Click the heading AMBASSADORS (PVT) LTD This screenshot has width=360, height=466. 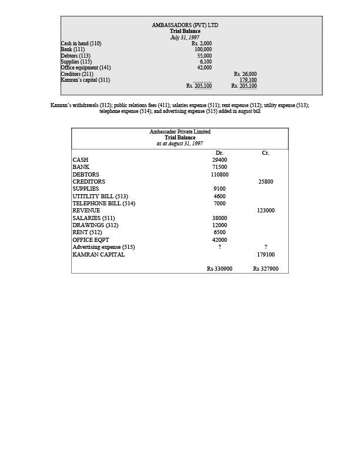pos(185,25)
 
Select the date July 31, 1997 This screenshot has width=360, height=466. pos(185,37)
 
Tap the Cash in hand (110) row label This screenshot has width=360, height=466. pos(81,44)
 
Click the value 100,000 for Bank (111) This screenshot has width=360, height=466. pos(203,49)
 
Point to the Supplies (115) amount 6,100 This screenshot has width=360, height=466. pos(205,62)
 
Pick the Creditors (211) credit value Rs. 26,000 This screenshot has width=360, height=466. pos(245,74)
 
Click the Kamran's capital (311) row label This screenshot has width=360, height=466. pos(85,80)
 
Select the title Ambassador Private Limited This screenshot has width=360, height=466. pos(180,132)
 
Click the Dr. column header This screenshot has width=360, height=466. pos(219,153)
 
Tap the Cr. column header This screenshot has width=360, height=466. pos(265,153)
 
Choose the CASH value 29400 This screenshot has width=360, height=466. pos(219,160)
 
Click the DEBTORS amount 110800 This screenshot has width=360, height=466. pos(219,175)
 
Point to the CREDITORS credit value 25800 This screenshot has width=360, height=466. pos(266,182)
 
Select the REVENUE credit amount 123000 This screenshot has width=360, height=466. pos(266,211)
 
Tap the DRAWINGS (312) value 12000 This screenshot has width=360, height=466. pos(219,225)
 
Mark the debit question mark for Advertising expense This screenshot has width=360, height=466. pos(219,247)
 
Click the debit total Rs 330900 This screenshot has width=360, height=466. pos(219,269)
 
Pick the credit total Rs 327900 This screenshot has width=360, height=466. pos(266,269)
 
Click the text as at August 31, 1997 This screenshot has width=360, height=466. pos(180,144)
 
